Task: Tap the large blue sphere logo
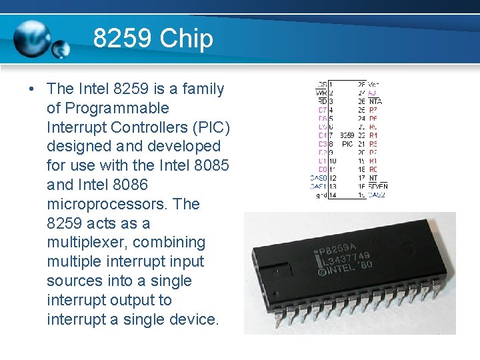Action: coord(32,36)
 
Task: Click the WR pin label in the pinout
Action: coord(321,93)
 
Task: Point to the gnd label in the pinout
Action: coord(321,195)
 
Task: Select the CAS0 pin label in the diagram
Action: coord(319,178)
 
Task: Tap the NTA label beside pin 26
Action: coord(375,101)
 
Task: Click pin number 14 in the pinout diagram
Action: coord(332,195)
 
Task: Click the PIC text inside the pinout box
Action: coord(347,144)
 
